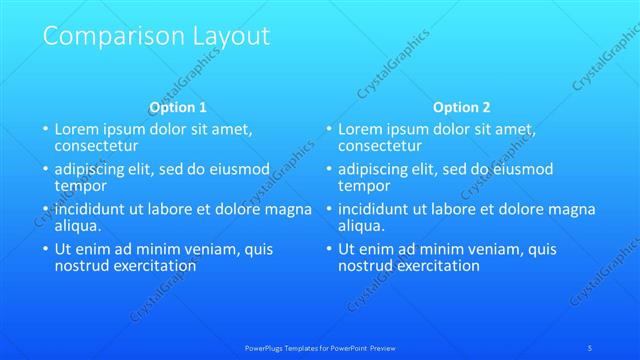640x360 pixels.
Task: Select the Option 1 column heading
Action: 178,107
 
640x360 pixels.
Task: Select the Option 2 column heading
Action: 462,107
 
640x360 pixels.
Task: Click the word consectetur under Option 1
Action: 95,145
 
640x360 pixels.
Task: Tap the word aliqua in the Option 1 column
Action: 78,226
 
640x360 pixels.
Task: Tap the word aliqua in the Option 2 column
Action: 362,226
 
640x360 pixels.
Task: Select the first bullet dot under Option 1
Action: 45,130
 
